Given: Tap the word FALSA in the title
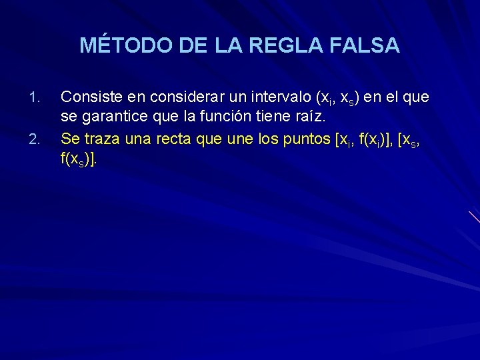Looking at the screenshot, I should (x=366, y=45).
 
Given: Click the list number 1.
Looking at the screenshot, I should (x=37, y=97).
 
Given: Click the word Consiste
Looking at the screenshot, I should (x=87, y=97).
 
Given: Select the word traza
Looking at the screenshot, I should (x=99, y=139).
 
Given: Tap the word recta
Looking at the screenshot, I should (x=174, y=139).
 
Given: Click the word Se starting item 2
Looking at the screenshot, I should (x=69, y=139).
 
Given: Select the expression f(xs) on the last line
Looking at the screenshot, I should (x=77, y=161).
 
